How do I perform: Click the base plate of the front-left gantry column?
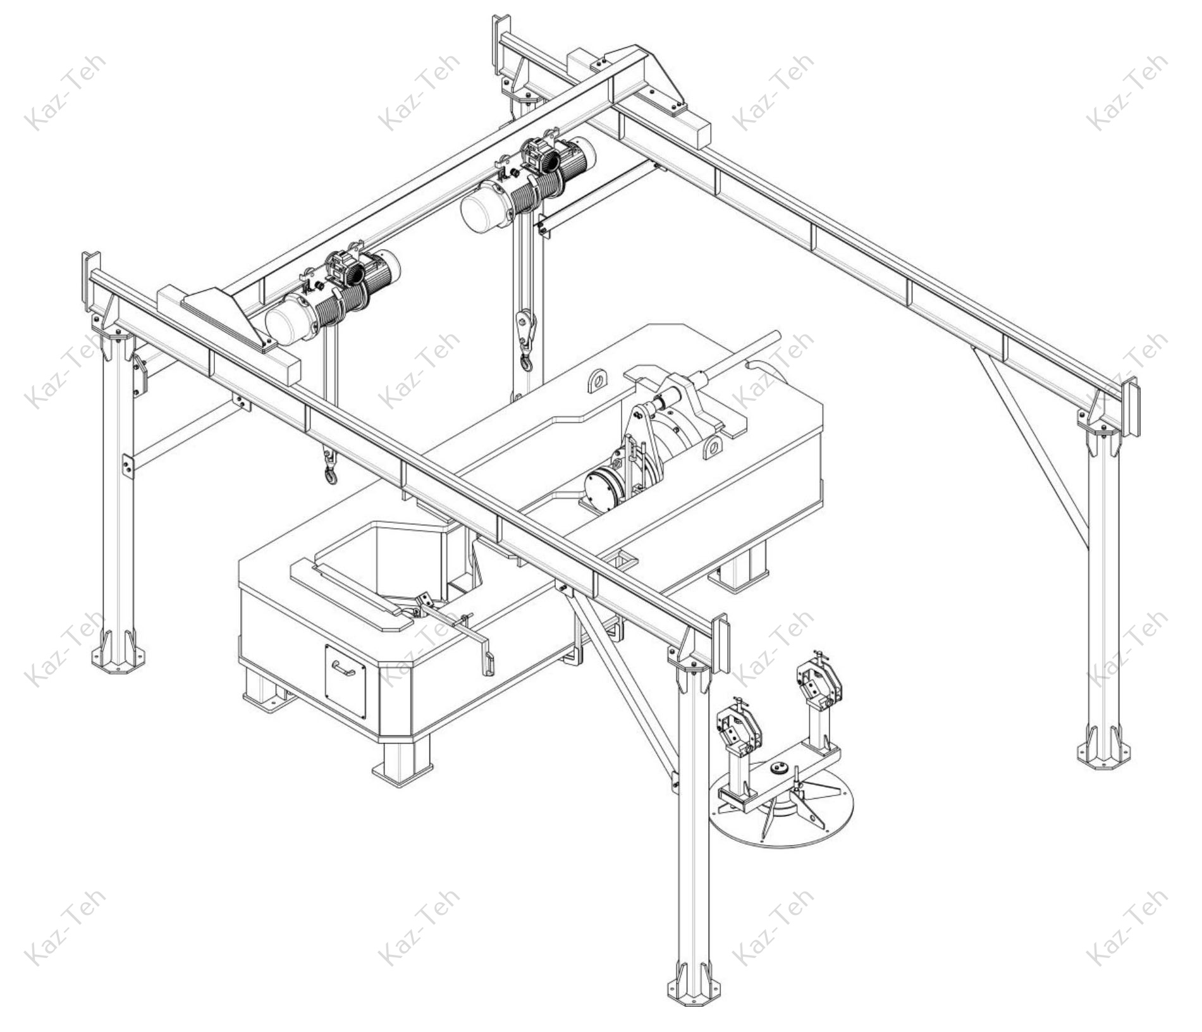click(118, 660)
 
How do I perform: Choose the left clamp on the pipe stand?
click(739, 727)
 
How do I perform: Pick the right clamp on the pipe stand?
click(819, 680)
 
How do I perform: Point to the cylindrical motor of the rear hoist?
click(486, 204)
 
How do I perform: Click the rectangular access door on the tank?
click(345, 681)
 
